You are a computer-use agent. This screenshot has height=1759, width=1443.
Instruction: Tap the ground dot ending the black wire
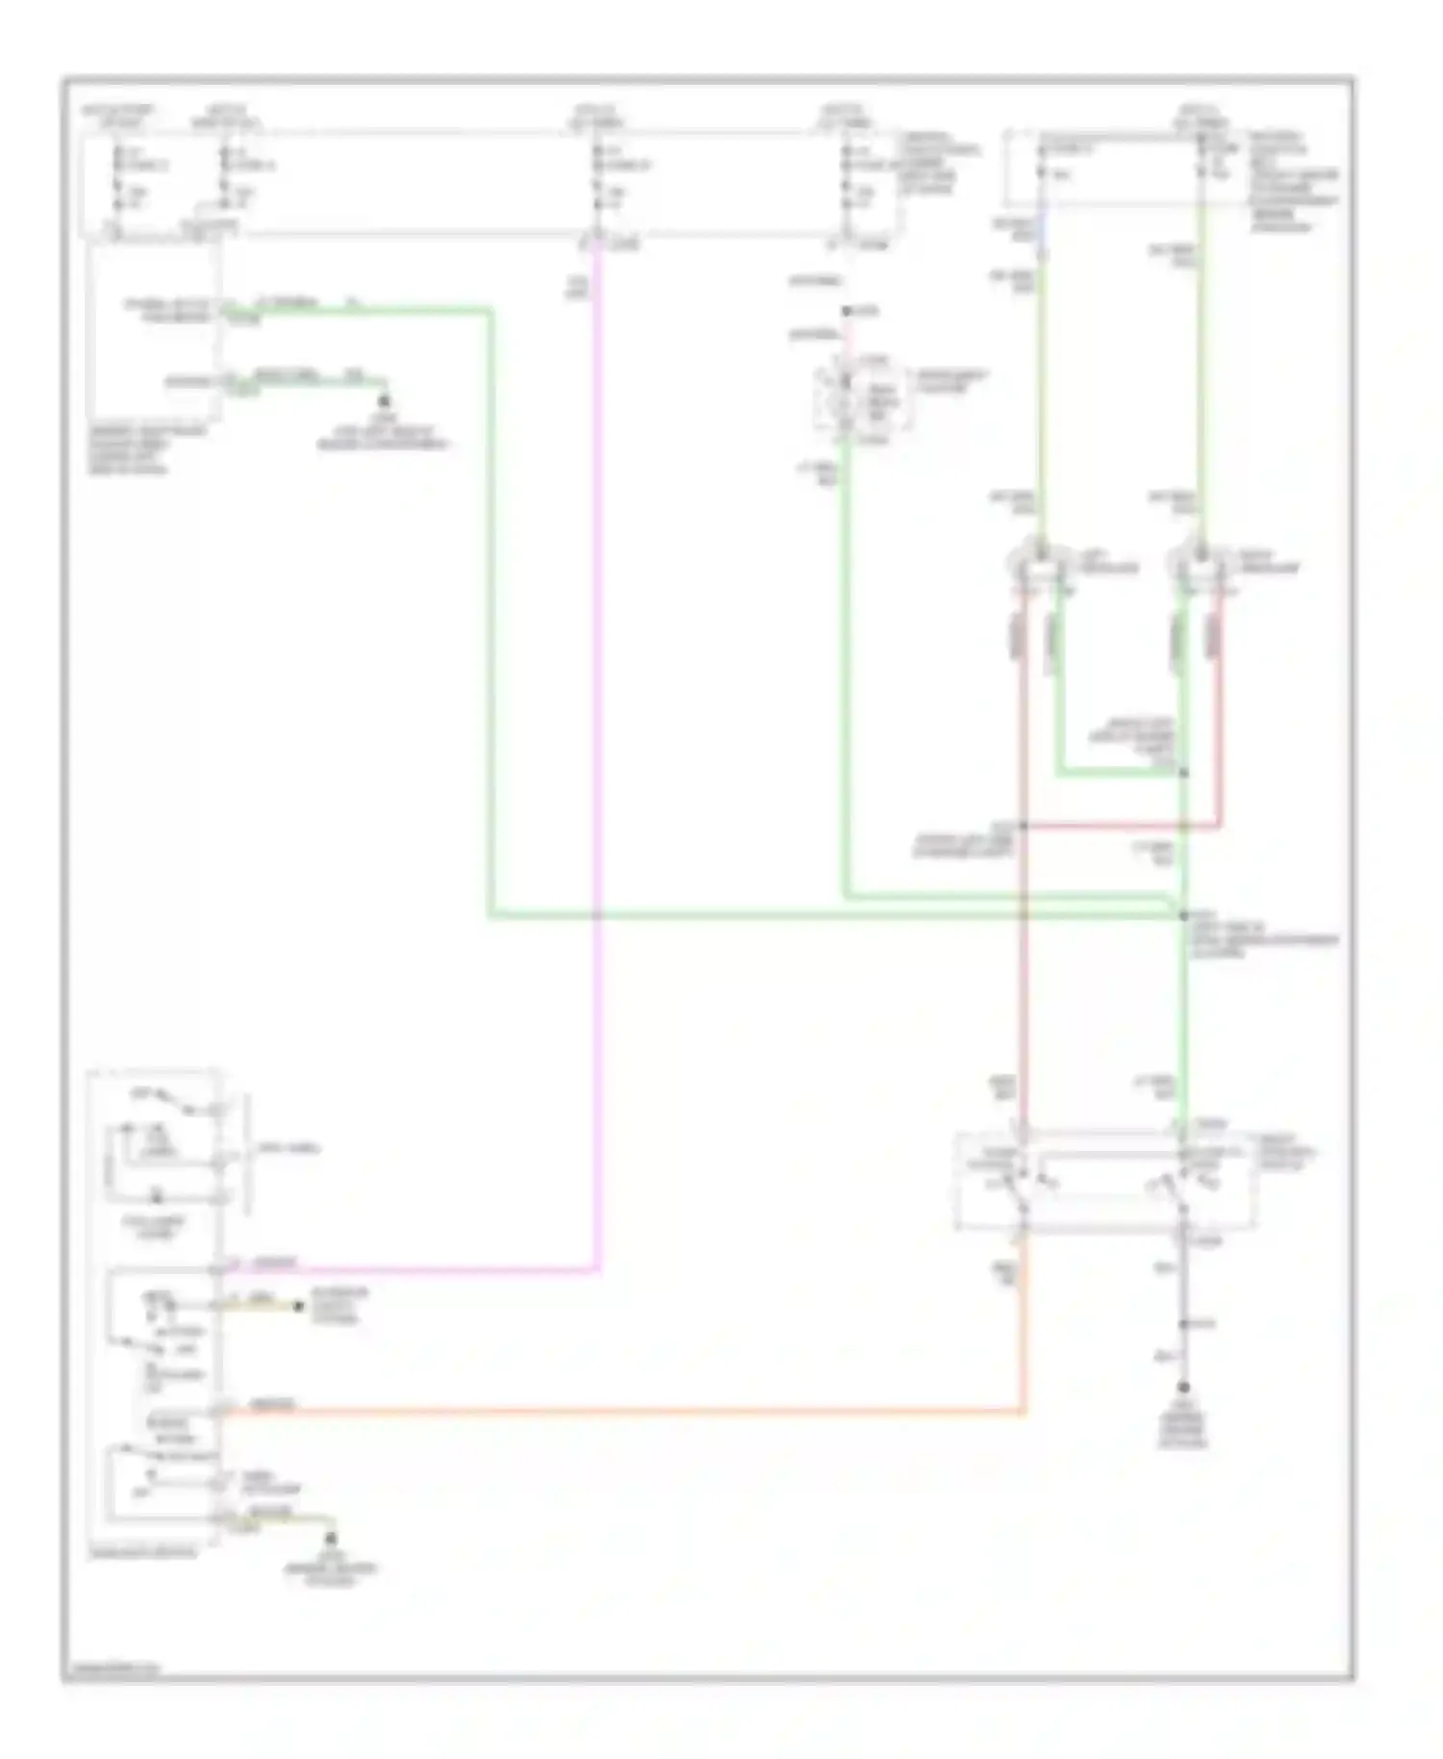click(x=1184, y=1388)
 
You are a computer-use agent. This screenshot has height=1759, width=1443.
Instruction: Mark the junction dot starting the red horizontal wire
click(x=1024, y=826)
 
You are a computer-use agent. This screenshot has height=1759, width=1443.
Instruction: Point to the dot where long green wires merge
click(x=1184, y=915)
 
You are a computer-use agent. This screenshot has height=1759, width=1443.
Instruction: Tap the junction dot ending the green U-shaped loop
click(x=1184, y=773)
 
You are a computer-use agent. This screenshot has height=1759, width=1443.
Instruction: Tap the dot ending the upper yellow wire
click(x=298, y=1306)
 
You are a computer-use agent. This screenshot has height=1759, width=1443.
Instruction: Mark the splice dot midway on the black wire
click(x=1184, y=1325)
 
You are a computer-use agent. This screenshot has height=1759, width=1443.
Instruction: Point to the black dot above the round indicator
click(x=846, y=312)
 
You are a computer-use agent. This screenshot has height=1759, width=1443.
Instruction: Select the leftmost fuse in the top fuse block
click(x=116, y=179)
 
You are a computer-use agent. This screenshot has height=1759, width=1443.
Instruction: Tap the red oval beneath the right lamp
click(x=1215, y=637)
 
